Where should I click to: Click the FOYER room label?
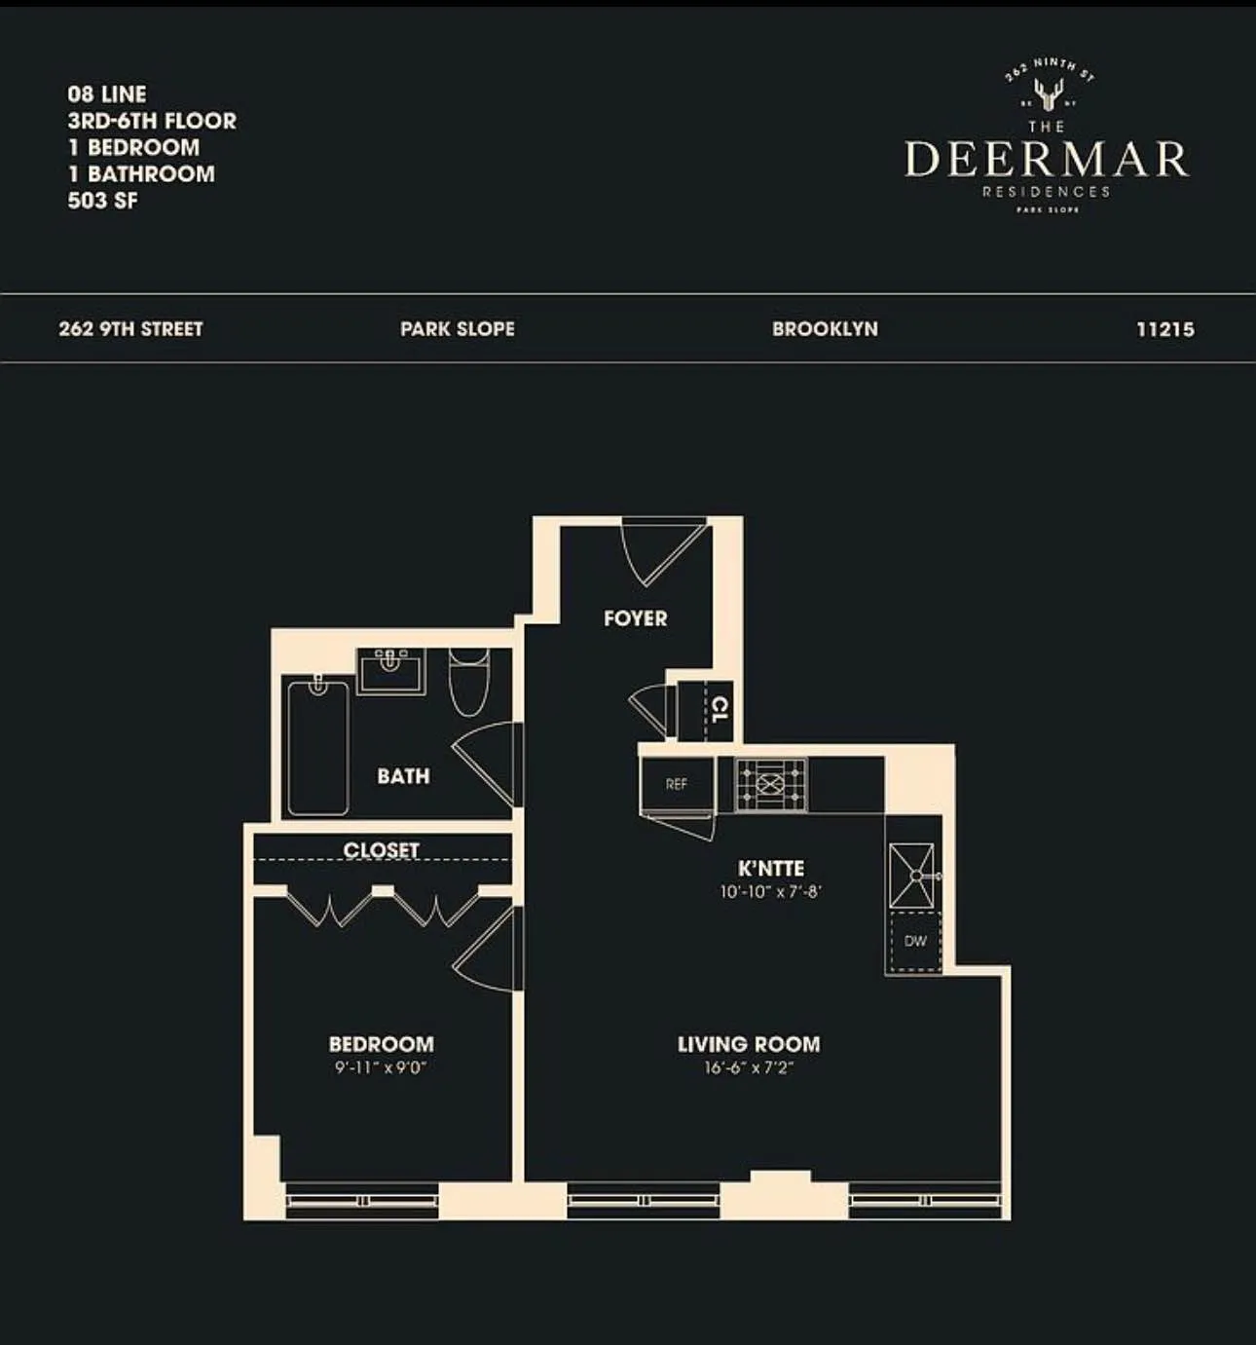coord(635,618)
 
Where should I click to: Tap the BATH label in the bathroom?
coord(403,776)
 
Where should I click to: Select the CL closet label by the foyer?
coord(720,709)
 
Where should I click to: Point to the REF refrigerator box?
coord(677,784)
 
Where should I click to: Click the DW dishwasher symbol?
coord(915,942)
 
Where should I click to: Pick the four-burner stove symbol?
coord(771,784)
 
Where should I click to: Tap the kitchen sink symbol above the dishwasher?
coord(912,876)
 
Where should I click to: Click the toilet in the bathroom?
coord(468,681)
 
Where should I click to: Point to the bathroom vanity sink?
coord(390,671)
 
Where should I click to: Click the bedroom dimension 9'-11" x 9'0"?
coord(381,1067)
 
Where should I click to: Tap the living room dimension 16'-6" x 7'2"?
coord(749,1067)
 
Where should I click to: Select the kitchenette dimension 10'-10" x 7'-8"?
coord(771,891)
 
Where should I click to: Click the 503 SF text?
coord(102,201)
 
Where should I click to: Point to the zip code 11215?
coord(1164,329)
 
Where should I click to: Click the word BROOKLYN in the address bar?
coord(825,329)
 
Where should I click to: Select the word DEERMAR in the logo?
coord(1047,159)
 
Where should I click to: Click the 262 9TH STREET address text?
coord(130,329)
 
